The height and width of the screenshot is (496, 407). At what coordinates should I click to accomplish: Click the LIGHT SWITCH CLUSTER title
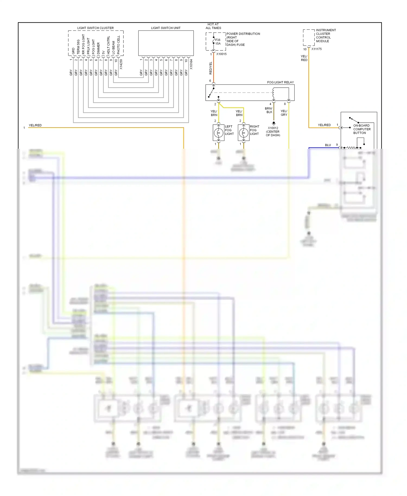coord(95,28)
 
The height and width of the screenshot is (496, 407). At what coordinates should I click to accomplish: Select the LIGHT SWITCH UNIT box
coord(166,43)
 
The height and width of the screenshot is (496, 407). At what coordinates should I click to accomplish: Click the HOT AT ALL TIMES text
coord(213,26)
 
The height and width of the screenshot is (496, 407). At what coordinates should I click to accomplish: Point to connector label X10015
coord(221,54)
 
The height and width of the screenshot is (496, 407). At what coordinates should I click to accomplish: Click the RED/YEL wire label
coord(211,68)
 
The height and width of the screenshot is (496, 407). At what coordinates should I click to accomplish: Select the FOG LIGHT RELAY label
coord(280,82)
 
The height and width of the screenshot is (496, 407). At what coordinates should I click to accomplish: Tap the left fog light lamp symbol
coord(218,133)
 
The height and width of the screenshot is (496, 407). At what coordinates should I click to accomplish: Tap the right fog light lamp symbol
coord(243,133)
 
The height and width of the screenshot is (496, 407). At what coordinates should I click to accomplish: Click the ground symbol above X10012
coord(274,123)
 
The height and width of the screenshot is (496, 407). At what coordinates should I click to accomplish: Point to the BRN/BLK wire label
coord(269,110)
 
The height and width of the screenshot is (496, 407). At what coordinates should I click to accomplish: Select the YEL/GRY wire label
coord(284,113)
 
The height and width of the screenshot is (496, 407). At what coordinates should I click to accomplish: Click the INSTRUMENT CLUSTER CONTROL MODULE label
coord(326,36)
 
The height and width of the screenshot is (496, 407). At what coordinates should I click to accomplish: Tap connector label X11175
coord(316,49)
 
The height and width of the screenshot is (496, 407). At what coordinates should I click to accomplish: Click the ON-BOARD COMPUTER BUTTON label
coord(362,129)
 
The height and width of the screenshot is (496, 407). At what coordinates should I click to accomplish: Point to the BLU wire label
coord(328,145)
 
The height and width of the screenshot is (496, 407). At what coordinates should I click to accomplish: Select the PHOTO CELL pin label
coord(119,45)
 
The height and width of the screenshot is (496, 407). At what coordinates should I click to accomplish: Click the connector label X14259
coord(121,65)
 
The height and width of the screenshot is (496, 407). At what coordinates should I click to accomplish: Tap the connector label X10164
coord(191,65)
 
